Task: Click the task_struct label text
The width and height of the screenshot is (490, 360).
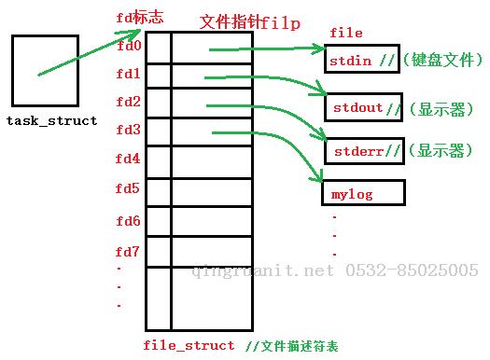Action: pos(51,121)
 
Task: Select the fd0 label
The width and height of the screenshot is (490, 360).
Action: pos(129,45)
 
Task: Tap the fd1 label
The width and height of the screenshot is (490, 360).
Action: pos(129,73)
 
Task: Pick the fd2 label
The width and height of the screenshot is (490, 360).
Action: pos(129,101)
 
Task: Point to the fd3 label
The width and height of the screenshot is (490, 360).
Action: pos(129,130)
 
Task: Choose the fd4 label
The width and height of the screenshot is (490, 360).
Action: pos(129,159)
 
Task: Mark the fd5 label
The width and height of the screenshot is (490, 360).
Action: pos(129,189)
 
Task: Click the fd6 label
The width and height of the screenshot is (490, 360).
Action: pos(129,221)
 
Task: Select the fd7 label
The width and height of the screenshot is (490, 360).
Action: pos(129,252)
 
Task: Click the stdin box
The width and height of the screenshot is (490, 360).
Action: pos(362,60)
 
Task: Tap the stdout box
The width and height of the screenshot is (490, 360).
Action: pos(365,107)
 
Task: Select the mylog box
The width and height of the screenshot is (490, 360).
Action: pos(363,194)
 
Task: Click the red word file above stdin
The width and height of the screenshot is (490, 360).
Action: pos(346,34)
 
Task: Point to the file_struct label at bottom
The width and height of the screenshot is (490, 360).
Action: pos(189,345)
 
